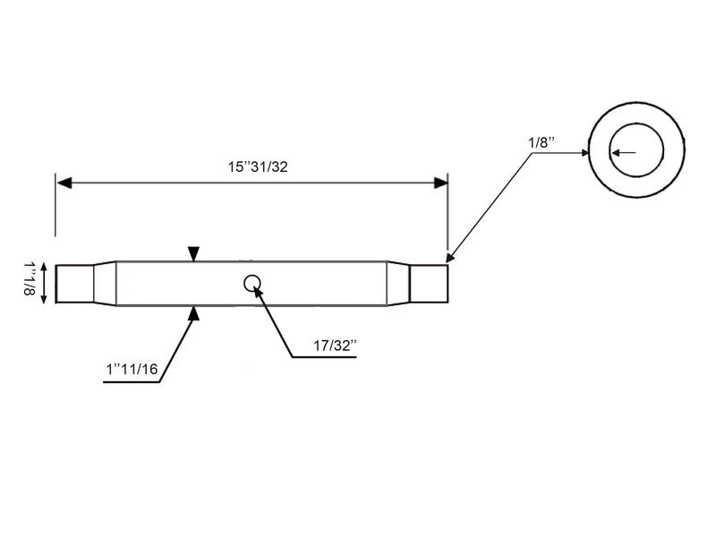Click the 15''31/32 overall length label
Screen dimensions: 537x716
tap(258, 166)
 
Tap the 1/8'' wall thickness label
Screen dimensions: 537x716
tap(541, 141)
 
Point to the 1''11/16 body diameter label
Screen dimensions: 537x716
tap(132, 369)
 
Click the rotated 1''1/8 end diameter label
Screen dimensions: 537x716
tap(29, 279)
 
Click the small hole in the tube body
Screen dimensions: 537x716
tap(252, 283)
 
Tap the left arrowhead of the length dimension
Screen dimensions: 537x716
tap(64, 183)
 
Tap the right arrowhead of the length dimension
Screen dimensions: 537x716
tap(440, 183)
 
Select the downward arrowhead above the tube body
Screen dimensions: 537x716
tap(194, 256)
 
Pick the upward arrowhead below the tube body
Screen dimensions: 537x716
tap(194, 311)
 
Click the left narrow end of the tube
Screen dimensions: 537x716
tap(74, 283)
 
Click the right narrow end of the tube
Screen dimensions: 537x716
tap(429, 283)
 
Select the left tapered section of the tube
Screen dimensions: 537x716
tap(106, 283)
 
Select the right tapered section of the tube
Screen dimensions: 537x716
tap(398, 283)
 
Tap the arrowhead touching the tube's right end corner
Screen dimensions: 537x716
tap(450, 258)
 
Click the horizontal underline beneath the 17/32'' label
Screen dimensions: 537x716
tap(323, 357)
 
